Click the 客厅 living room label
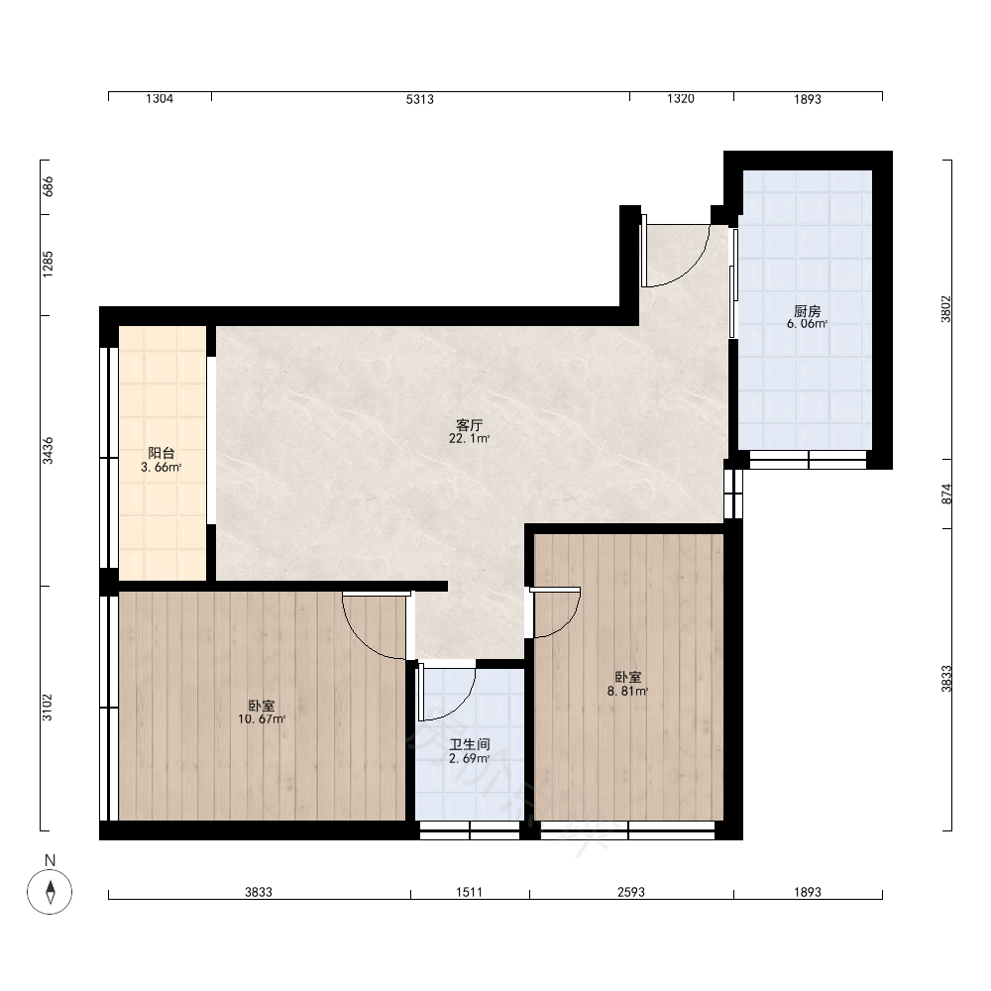(469, 425)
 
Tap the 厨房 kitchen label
(807, 311)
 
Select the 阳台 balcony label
(162, 453)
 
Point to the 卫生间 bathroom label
(469, 744)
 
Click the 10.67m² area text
(262, 719)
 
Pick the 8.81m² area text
(627, 692)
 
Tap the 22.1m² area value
(469, 439)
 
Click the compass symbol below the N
(50, 892)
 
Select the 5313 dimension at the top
(419, 99)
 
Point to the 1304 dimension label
(160, 98)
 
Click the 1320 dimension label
(681, 98)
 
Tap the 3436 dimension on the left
(48, 451)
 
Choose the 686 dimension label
(48, 186)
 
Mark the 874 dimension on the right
(946, 494)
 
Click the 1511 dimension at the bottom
(469, 892)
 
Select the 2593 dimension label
(630, 892)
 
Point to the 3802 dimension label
(946, 309)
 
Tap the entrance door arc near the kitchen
(690, 270)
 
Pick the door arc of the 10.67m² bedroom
(361, 639)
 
